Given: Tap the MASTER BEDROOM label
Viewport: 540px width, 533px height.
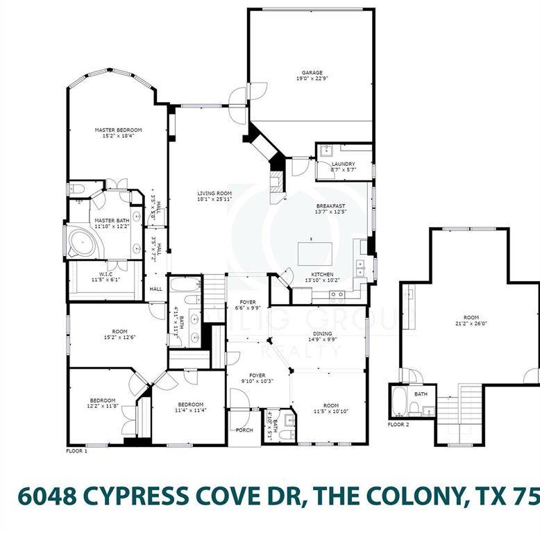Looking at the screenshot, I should [118, 130].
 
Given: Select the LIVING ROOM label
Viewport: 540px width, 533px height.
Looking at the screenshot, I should [214, 194].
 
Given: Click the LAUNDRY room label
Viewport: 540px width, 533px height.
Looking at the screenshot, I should [343, 164].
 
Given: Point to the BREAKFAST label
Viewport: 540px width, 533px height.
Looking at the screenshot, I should [330, 205].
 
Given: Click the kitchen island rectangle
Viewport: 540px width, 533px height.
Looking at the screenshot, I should [315, 253].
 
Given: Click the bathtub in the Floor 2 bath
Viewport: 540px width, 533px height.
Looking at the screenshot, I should [400, 401].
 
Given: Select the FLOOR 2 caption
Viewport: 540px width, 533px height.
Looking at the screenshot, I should [399, 424].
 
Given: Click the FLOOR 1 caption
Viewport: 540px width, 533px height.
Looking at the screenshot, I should [76, 450].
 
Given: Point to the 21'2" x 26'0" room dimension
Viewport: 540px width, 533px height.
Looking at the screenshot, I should [470, 323].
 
